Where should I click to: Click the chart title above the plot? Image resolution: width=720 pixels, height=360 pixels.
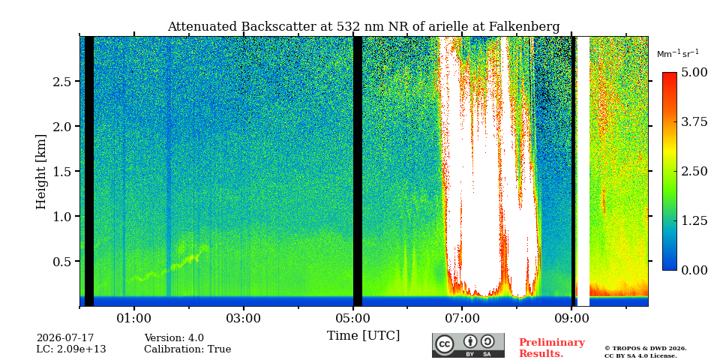(x=364, y=27)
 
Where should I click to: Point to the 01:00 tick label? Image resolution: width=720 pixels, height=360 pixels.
(x=134, y=318)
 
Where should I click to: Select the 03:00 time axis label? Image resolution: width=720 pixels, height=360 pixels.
(x=243, y=318)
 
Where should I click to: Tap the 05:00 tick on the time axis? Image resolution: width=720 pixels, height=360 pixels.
(x=352, y=318)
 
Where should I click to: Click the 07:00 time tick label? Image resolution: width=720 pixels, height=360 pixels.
(x=462, y=318)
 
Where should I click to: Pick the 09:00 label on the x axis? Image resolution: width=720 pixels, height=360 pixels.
(x=571, y=318)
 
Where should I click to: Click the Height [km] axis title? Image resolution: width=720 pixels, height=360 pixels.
(x=41, y=172)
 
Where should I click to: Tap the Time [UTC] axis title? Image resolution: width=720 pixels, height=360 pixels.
(x=363, y=336)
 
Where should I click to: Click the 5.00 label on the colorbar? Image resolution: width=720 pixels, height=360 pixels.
(x=694, y=73)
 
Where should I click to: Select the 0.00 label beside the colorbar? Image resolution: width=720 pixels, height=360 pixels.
(x=694, y=270)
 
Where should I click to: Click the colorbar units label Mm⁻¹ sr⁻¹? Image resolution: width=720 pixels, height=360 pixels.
(x=678, y=53)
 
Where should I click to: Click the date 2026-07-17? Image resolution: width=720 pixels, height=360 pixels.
(x=65, y=338)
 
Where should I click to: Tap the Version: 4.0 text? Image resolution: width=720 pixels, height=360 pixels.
(x=174, y=338)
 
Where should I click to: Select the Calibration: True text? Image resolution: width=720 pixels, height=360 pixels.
(x=187, y=349)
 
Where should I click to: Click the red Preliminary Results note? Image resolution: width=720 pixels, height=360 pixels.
(x=552, y=347)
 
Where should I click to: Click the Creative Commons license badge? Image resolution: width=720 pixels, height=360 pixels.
(x=468, y=345)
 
